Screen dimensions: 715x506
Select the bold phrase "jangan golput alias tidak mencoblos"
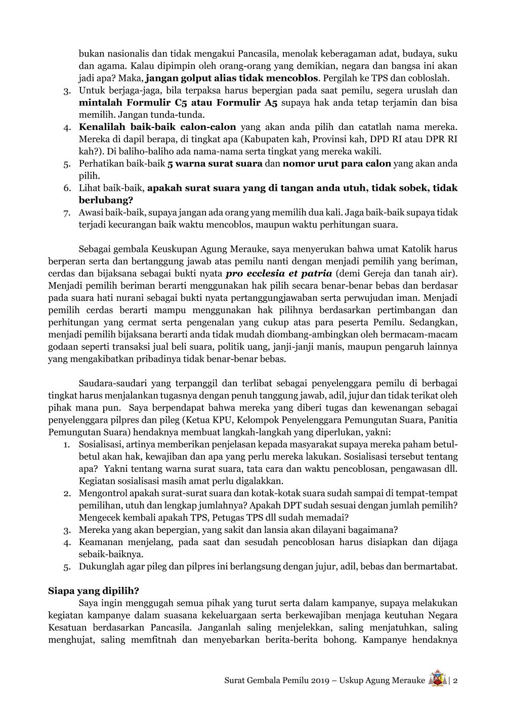pos(232,78)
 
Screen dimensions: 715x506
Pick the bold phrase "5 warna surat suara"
pos(215,163)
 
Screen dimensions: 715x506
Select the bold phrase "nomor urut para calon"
pos(337,163)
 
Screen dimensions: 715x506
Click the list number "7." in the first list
pos(67,212)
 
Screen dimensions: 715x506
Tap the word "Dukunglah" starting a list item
pos(101,566)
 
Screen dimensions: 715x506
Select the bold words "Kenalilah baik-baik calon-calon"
pos(157,127)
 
